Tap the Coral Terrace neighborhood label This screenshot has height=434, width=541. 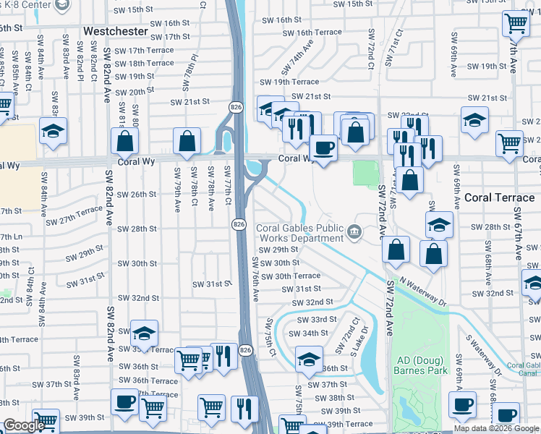(x=498, y=197)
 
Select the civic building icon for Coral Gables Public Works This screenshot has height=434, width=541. (x=354, y=231)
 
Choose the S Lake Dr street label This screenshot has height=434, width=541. (x=359, y=341)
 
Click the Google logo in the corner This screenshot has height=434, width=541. (x=23, y=426)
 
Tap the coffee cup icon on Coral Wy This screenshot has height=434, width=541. (x=323, y=148)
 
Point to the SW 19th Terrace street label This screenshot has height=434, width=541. (x=295, y=82)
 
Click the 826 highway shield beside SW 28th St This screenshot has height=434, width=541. (x=237, y=225)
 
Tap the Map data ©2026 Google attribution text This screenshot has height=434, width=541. (x=495, y=428)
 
